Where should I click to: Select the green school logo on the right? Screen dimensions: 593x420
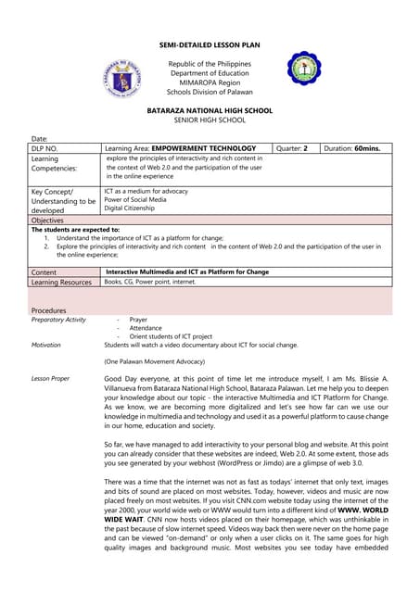coord(304,69)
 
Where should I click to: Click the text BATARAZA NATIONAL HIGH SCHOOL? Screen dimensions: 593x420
coord(210,110)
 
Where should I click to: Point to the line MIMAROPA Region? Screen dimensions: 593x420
coord(210,82)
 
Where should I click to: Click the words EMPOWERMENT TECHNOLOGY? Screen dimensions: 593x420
coord(203,148)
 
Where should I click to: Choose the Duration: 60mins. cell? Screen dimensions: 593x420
coord(354,148)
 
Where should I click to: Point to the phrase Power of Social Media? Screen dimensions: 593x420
coord(135,199)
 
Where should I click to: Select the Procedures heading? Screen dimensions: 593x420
coord(49,309)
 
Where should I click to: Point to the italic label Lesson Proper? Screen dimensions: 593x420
coord(50,379)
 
